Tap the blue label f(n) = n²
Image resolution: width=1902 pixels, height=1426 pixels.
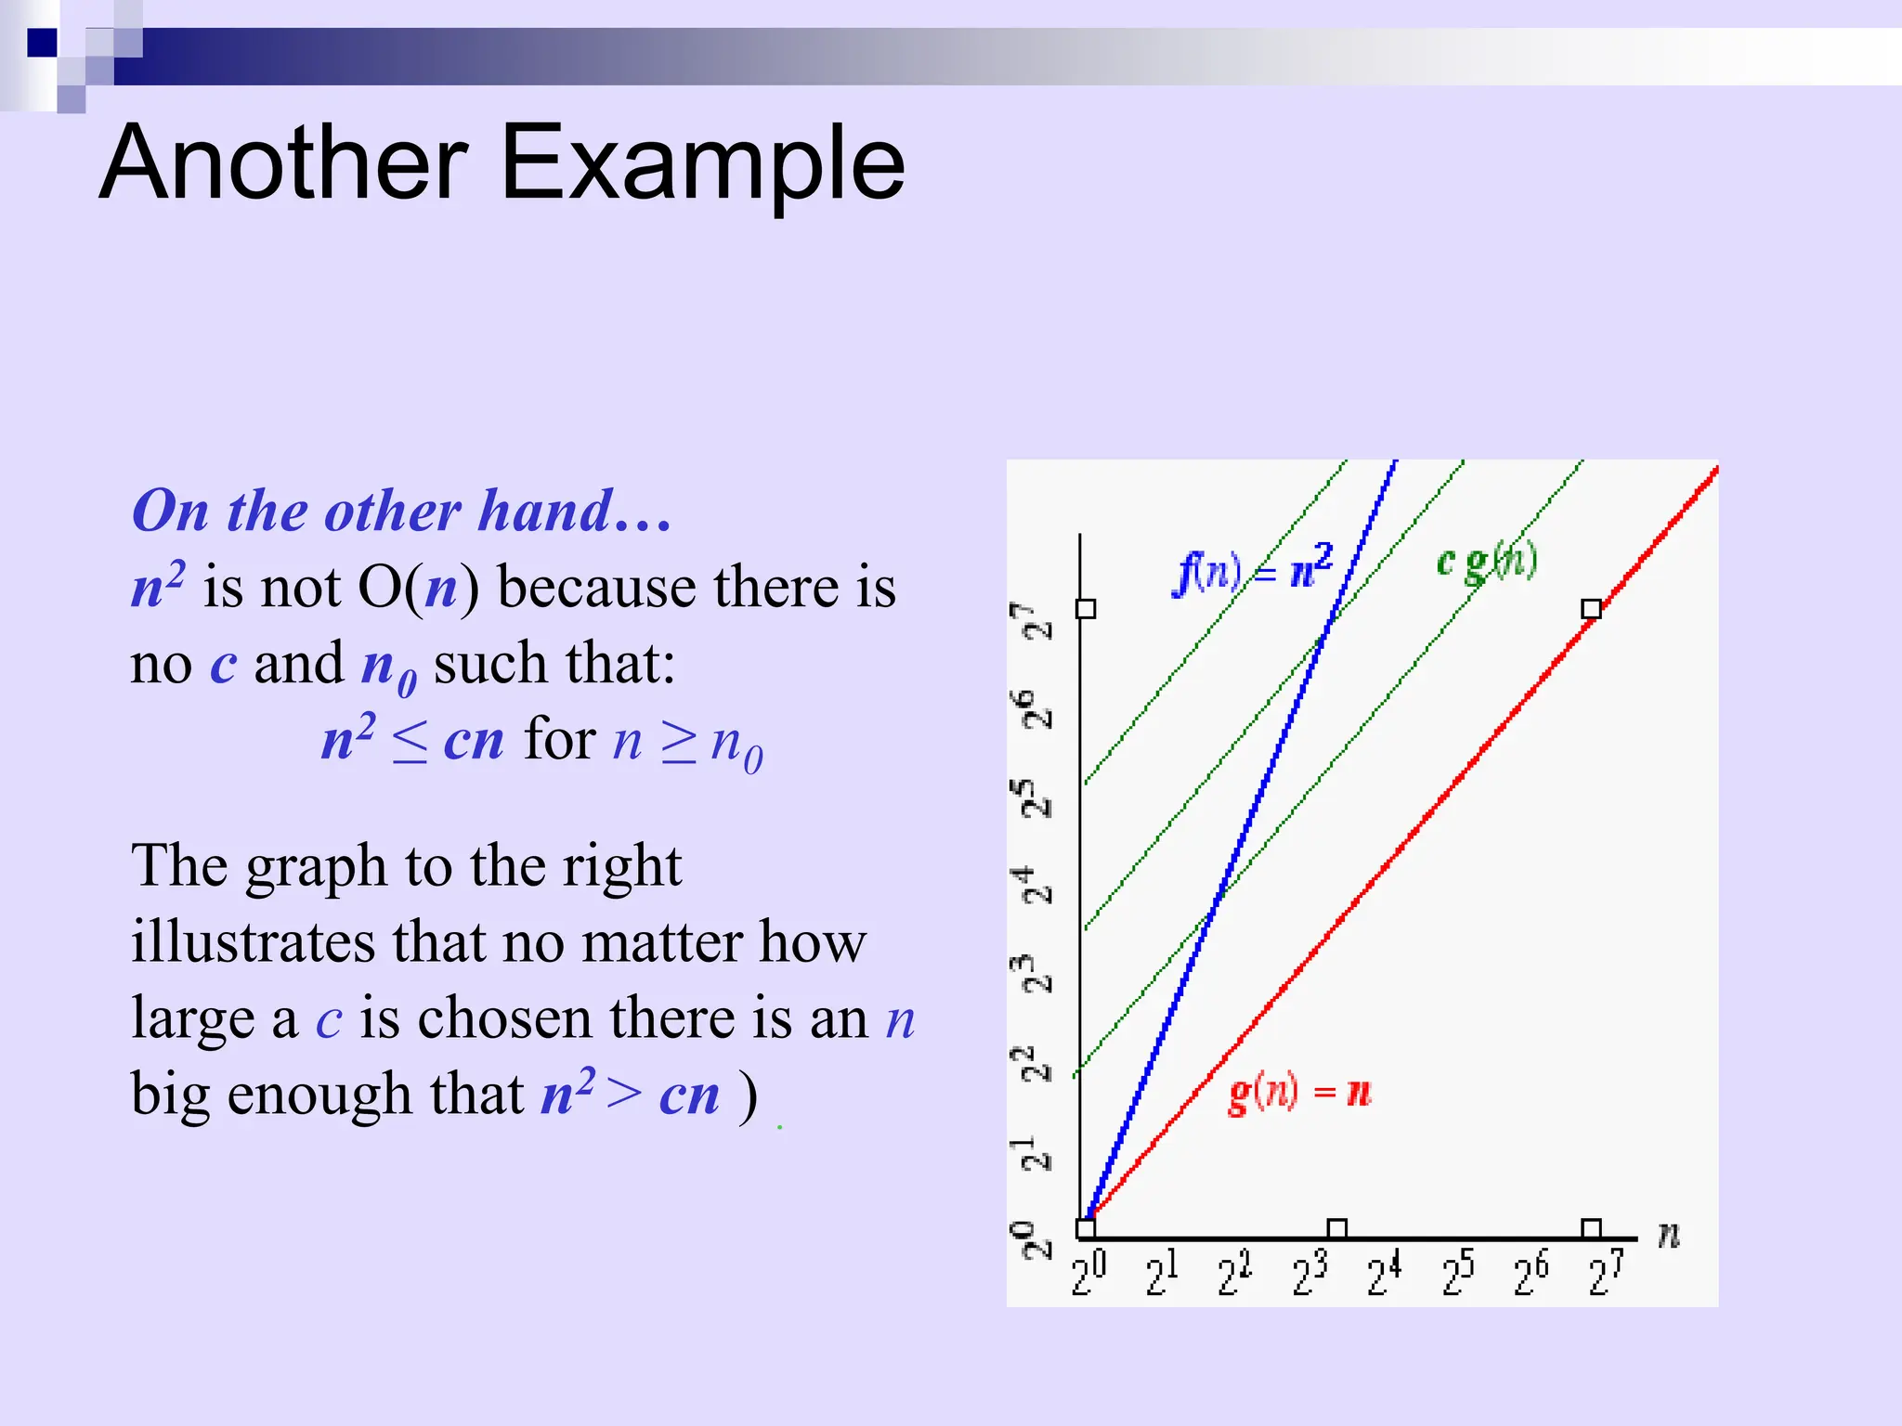1254,568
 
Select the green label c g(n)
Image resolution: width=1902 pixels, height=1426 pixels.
1486,561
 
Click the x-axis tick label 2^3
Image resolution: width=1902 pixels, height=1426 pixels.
1309,1274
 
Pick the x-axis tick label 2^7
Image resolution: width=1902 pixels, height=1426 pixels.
1606,1274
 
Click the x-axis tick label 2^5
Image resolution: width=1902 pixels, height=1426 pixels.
1458,1274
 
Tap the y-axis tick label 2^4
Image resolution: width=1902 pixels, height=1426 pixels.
1032,885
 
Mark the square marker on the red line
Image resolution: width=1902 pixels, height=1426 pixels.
1591,609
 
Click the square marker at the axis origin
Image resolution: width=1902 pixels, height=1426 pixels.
1085,1228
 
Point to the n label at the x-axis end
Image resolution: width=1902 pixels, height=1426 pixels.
1669,1234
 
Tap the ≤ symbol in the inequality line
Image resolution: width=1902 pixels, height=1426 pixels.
409,743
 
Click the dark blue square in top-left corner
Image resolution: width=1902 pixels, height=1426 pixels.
42,43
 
